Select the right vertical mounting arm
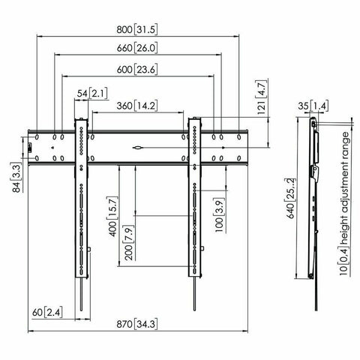pyautogui.click(x=194, y=202)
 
